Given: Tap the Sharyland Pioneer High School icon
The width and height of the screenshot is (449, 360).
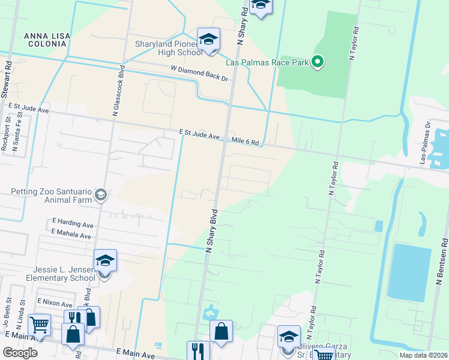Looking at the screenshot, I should click(208, 40).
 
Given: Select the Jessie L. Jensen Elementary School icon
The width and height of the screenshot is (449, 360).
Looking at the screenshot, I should click(104, 262).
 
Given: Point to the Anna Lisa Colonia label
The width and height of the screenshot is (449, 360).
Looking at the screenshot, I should click(47, 41).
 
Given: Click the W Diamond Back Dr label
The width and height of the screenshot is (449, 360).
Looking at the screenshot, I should click(200, 74).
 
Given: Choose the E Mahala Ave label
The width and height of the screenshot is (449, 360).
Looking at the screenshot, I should click(71, 235).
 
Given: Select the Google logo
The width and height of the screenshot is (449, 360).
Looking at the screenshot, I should click(20, 352).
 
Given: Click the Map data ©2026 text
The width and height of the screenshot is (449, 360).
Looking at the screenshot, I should click(423, 355).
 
